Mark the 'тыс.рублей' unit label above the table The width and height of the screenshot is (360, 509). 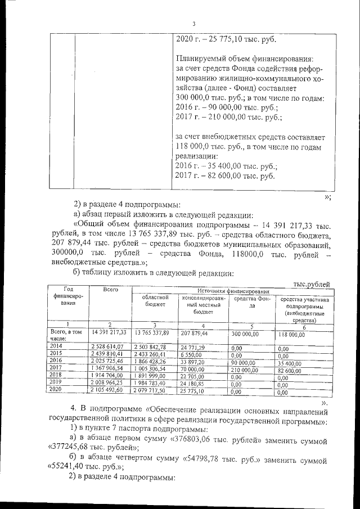coord(312,284)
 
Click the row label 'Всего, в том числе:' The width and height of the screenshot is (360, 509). coord(62,335)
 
